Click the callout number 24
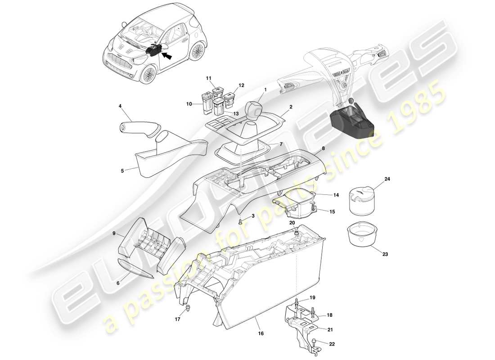coord(387,179)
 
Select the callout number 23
coord(385,254)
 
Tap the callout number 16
coord(261,333)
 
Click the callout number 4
coord(120,106)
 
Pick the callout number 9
coord(114,234)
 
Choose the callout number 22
coord(332,344)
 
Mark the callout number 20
coord(292,222)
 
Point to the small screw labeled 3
coord(241,221)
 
